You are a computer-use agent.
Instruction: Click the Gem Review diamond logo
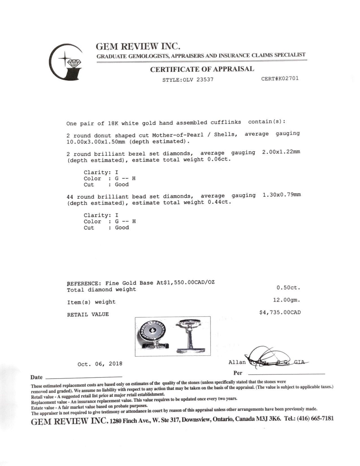(x=67, y=62)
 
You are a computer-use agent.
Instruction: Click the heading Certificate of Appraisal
(x=202, y=69)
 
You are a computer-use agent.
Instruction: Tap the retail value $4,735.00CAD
(x=280, y=312)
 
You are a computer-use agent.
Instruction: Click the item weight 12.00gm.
(x=286, y=300)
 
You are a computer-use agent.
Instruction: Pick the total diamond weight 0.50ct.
(x=288, y=288)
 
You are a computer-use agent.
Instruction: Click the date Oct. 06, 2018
(x=100, y=364)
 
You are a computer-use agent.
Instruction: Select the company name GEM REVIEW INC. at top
(x=138, y=46)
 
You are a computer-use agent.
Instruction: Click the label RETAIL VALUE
(x=88, y=314)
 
